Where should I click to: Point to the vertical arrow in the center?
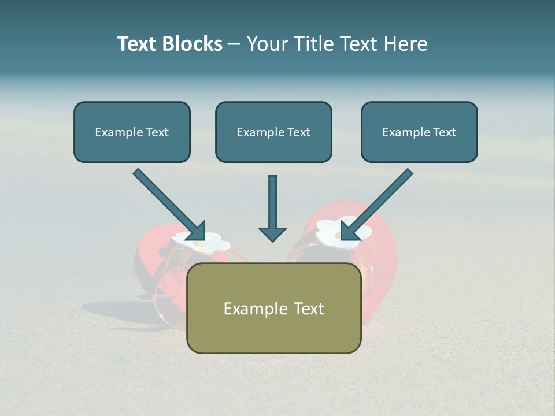272,202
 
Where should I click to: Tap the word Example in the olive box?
255,309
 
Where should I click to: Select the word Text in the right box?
444,132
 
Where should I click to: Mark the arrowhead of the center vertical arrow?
272,233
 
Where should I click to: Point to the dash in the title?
234,44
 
